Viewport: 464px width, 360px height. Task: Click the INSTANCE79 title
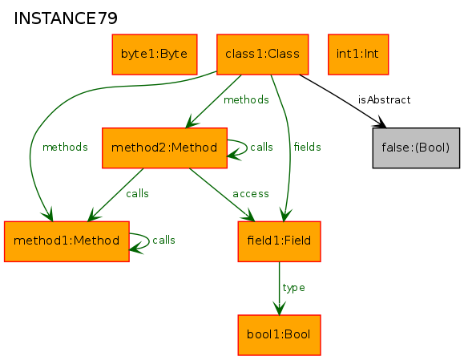tap(66, 18)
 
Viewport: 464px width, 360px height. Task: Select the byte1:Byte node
tap(155, 55)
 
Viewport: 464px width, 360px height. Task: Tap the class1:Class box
tap(263, 55)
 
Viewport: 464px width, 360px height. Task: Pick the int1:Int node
tap(358, 55)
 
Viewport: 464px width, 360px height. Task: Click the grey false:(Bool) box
tap(416, 148)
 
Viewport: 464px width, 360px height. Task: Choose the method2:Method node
tap(164, 148)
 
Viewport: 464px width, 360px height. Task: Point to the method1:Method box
tap(67, 241)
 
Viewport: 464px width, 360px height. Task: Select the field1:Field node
tap(279, 241)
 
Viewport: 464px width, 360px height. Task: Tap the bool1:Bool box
tap(279, 335)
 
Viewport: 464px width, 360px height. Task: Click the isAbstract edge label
tap(384, 99)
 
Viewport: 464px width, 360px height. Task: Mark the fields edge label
tap(307, 147)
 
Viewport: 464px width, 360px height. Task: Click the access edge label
tap(251, 193)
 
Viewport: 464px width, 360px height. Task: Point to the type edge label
tap(293, 288)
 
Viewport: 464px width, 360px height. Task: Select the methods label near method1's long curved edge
tap(65, 147)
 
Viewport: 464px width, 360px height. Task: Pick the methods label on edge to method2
tap(246, 99)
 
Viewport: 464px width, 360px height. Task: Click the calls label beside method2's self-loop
tap(261, 147)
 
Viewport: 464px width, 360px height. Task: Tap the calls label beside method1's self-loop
tap(163, 240)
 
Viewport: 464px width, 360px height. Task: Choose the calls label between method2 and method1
tap(137, 193)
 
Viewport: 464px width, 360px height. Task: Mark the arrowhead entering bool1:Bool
tap(279, 309)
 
